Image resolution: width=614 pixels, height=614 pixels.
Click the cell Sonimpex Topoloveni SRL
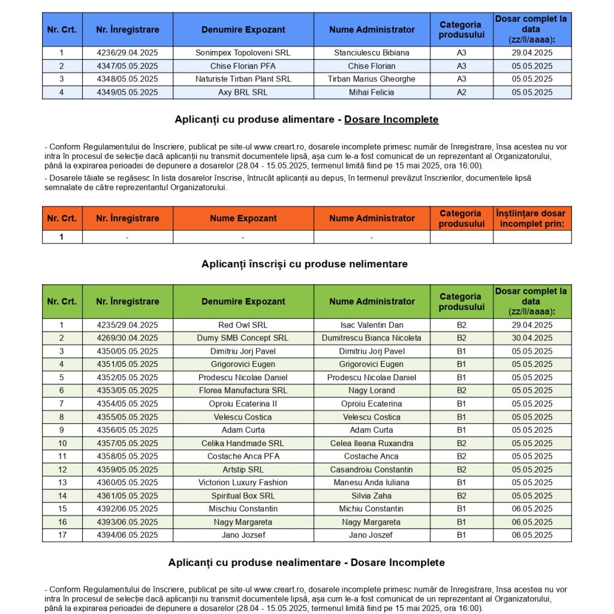(243, 53)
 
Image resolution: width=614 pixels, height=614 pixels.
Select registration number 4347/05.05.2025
(127, 66)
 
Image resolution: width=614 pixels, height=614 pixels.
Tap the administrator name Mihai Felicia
(371, 92)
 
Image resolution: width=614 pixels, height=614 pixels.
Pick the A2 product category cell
(461, 92)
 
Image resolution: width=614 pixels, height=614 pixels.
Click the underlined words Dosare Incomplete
(391, 119)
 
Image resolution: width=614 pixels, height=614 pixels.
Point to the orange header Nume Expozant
(243, 218)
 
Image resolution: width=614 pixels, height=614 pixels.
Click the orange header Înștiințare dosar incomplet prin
(532, 218)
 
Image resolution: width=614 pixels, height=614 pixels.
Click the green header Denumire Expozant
(243, 301)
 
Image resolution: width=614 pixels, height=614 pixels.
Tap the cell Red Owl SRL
(243, 325)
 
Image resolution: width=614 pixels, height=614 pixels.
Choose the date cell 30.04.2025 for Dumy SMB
(532, 338)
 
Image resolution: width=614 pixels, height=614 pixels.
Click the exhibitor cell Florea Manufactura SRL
(243, 390)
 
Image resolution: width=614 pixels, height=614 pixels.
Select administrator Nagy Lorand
(371, 390)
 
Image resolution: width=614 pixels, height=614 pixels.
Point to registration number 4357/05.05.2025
(127, 443)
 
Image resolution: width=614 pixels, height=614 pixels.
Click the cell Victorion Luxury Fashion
(243, 483)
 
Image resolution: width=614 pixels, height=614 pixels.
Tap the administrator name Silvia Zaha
(371, 496)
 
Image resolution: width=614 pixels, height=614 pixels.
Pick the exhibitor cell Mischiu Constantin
(243, 509)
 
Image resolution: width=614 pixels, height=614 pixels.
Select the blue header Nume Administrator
(371, 29)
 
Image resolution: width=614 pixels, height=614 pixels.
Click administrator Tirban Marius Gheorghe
(371, 79)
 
